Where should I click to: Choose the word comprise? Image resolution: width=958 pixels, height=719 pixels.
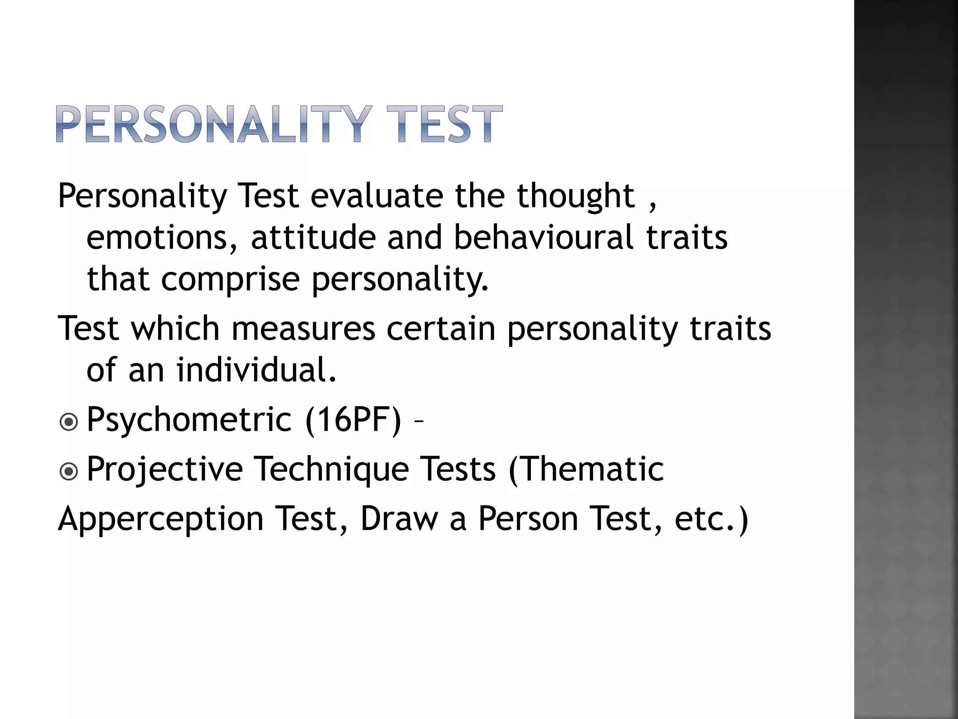click(x=230, y=279)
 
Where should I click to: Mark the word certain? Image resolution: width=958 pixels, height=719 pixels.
click(x=441, y=329)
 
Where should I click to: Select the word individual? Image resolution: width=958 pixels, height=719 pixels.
click(x=256, y=370)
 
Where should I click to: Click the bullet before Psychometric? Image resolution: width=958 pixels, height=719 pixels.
click(x=69, y=423)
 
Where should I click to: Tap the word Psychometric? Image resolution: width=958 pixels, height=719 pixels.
click(x=189, y=420)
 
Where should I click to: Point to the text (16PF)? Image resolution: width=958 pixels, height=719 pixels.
click(x=353, y=420)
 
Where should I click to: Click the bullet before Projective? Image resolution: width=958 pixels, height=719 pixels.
click(x=69, y=472)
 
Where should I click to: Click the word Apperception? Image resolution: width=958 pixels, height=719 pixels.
click(x=161, y=520)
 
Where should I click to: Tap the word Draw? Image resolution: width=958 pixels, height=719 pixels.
click(x=399, y=519)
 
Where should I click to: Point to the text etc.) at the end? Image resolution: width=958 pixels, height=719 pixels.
click(x=711, y=520)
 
